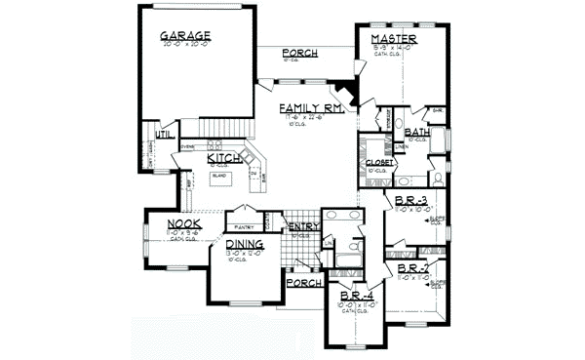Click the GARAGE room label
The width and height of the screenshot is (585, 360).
point(186,36)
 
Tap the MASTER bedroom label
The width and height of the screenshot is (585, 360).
point(395,38)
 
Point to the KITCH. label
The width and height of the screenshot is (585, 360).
point(223,158)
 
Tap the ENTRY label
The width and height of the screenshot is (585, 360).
point(301,226)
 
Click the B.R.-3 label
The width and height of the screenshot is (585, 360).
point(408,201)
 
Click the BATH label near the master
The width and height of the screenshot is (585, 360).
point(418,132)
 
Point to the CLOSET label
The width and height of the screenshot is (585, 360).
point(379,162)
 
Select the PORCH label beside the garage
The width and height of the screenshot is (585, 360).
point(300,53)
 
